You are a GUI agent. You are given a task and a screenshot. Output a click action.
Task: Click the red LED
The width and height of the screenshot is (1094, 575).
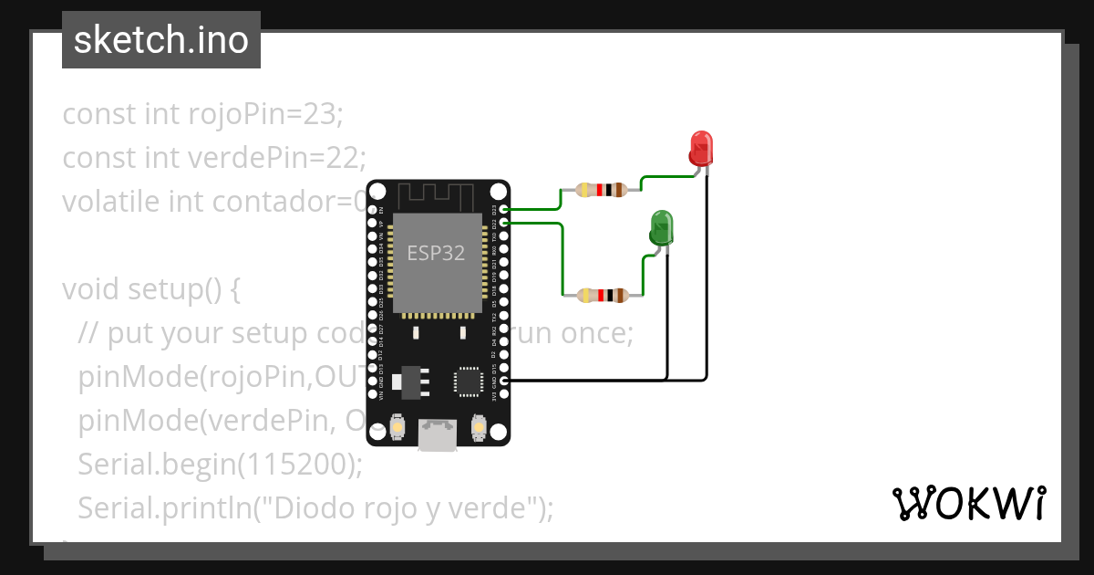coord(701,148)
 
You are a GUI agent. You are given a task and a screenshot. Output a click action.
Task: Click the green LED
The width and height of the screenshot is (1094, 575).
coord(661,226)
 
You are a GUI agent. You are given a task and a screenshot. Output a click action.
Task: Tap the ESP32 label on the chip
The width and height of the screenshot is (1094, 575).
coord(436,254)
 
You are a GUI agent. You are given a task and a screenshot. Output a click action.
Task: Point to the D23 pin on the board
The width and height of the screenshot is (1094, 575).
coord(504,209)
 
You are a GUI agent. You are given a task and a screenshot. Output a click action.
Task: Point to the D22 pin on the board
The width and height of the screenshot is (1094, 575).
coord(504,222)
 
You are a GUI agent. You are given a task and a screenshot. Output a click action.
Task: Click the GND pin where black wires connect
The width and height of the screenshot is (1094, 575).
coord(504,379)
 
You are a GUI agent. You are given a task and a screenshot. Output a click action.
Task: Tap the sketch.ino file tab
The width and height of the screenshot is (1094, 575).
coord(161,40)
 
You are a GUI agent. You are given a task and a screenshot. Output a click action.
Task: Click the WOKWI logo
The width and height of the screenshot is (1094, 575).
coord(967,503)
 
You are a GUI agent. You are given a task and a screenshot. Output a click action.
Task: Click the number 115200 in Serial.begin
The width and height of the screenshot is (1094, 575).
coord(294,465)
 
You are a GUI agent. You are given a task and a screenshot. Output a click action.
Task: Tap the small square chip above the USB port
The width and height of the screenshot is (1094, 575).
coord(470,382)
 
